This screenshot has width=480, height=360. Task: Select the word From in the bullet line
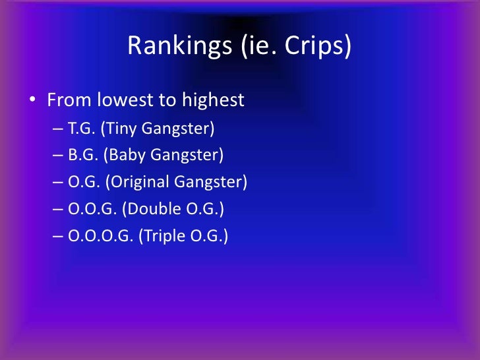tap(69, 101)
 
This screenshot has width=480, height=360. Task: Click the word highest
tap(212, 101)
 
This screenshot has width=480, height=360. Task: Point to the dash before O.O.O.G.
tap(58, 236)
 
